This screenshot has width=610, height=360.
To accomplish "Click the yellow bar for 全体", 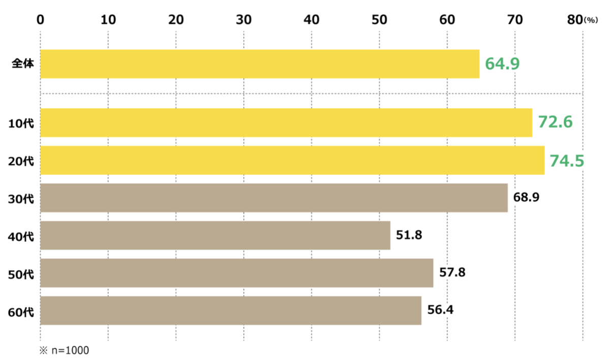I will tap(259, 64).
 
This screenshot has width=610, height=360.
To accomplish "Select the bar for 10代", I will tap(286, 123).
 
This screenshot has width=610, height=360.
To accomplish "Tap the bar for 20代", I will tap(292, 160).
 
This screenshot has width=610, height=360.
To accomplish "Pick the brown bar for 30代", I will tap(273, 198).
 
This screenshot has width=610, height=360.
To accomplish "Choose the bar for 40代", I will tap(215, 235).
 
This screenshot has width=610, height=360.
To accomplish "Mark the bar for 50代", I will tap(236, 273).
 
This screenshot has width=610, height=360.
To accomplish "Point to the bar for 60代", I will tap(230, 311).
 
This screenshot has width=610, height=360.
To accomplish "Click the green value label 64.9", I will tap(502, 64).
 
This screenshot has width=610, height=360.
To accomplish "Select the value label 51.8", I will tap(410, 235).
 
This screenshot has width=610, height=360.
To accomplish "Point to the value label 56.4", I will tap(440, 310).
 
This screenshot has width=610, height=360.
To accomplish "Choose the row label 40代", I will tap(21, 236).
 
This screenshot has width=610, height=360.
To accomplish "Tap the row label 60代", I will tap(21, 311).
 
